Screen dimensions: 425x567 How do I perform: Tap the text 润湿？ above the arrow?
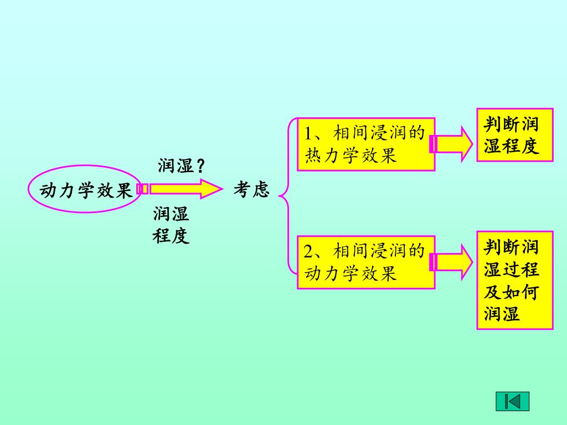click(182, 165)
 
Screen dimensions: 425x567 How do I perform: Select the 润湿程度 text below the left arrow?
click(171, 225)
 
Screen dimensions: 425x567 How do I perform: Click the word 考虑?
click(251, 190)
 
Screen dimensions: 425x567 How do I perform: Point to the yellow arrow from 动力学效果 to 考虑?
click(180, 189)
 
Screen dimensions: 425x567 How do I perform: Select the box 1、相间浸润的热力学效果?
click(365, 144)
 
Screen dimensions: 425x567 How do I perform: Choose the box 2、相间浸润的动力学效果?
click(365, 262)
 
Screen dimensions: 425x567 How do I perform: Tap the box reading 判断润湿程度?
click(514, 134)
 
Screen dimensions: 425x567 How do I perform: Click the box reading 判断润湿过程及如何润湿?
click(514, 281)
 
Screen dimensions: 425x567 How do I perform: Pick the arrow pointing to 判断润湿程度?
click(452, 144)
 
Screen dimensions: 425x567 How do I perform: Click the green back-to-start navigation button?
click(512, 401)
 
